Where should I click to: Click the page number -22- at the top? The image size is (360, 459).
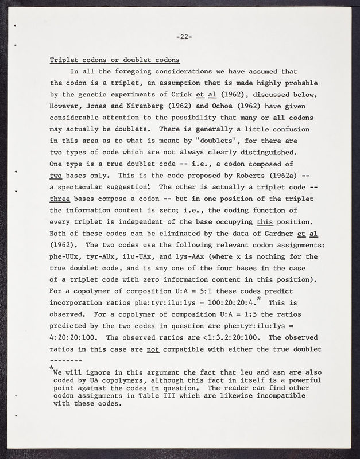184,37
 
